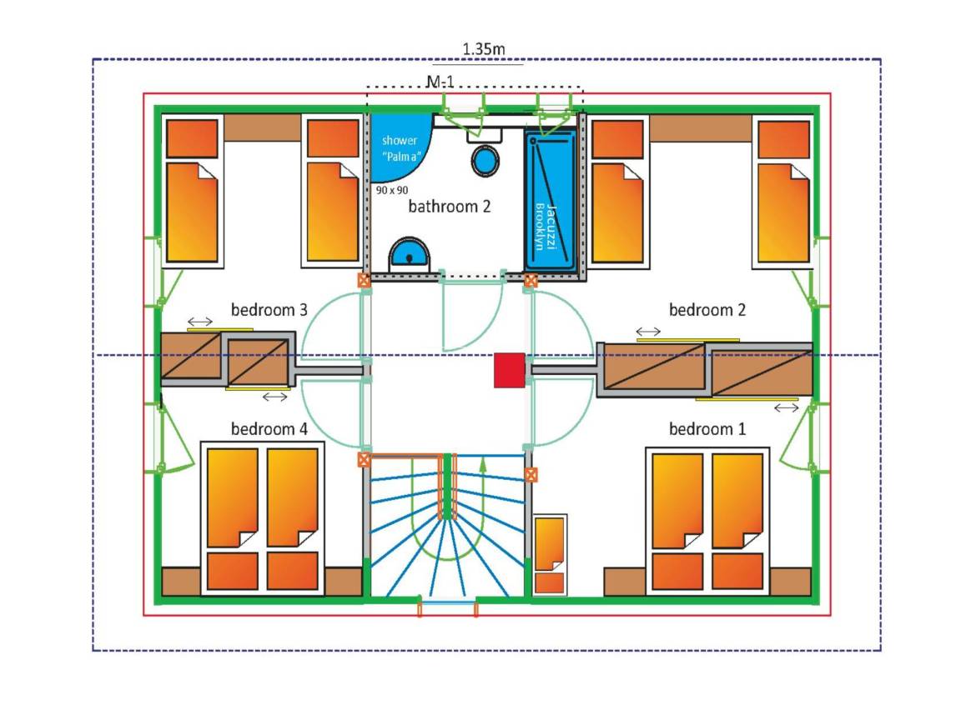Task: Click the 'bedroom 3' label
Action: pyautogui.click(x=269, y=310)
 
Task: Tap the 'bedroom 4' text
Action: pyautogui.click(x=269, y=428)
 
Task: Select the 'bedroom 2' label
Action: pyautogui.click(x=707, y=310)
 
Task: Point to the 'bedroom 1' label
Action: pyautogui.click(x=707, y=428)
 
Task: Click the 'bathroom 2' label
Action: pyautogui.click(x=450, y=207)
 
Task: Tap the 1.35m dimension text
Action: pyautogui.click(x=484, y=49)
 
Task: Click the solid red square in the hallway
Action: pyautogui.click(x=510, y=370)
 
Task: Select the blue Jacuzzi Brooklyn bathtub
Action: pyautogui.click(x=551, y=200)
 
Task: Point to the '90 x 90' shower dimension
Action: pyautogui.click(x=391, y=190)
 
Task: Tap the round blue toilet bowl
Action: pyautogui.click(x=485, y=160)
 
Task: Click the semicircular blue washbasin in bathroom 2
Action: pyautogui.click(x=409, y=253)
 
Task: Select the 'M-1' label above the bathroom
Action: pyautogui.click(x=440, y=81)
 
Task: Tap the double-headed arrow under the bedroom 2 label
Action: pyautogui.click(x=648, y=331)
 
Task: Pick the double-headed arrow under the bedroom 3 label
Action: pyautogui.click(x=200, y=322)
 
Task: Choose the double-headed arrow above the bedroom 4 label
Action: pyautogui.click(x=274, y=397)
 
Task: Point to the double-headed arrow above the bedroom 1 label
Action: pyautogui.click(x=787, y=407)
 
